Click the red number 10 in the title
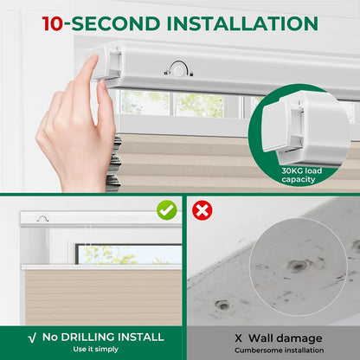tap(52, 23)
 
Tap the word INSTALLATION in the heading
tap(242, 23)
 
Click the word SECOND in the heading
tap(115, 23)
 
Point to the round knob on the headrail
tap(179, 70)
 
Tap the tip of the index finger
tap(94, 56)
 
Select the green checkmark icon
tap(167, 210)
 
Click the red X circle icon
tap(202, 210)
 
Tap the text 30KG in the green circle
tap(292, 170)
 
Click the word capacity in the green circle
tap(299, 179)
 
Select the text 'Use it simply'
tap(96, 349)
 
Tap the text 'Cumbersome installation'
tap(279, 350)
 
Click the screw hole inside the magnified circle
tap(298, 265)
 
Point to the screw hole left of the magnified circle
tap(222, 305)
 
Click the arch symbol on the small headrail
tap(42, 219)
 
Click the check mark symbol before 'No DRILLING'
tap(32, 337)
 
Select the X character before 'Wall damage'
tap(238, 338)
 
